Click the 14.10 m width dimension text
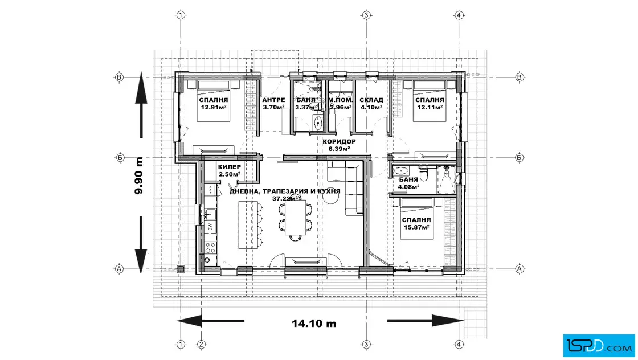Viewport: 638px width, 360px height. (314, 324)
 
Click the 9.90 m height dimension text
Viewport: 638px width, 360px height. (139, 176)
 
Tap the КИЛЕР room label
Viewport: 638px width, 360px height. (230, 167)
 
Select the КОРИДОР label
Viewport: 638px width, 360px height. (339, 142)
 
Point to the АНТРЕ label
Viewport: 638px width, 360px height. (273, 100)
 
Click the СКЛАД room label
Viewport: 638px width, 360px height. (371, 100)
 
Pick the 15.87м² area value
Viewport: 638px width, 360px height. (416, 227)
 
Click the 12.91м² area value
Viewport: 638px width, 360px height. (214, 108)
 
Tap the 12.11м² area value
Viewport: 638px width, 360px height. (430, 108)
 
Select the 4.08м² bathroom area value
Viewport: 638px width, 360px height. (409, 187)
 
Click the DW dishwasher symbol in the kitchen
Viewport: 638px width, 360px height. (210, 227)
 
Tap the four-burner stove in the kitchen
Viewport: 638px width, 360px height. (210, 247)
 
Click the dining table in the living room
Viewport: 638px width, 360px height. (296, 218)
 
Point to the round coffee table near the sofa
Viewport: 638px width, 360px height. (331, 197)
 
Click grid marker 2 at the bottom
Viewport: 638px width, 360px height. (201, 345)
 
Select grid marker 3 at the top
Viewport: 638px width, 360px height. (366, 15)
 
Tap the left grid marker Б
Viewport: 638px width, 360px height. (120, 157)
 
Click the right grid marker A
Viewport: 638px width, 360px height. (519, 268)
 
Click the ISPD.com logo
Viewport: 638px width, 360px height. (599, 346)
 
